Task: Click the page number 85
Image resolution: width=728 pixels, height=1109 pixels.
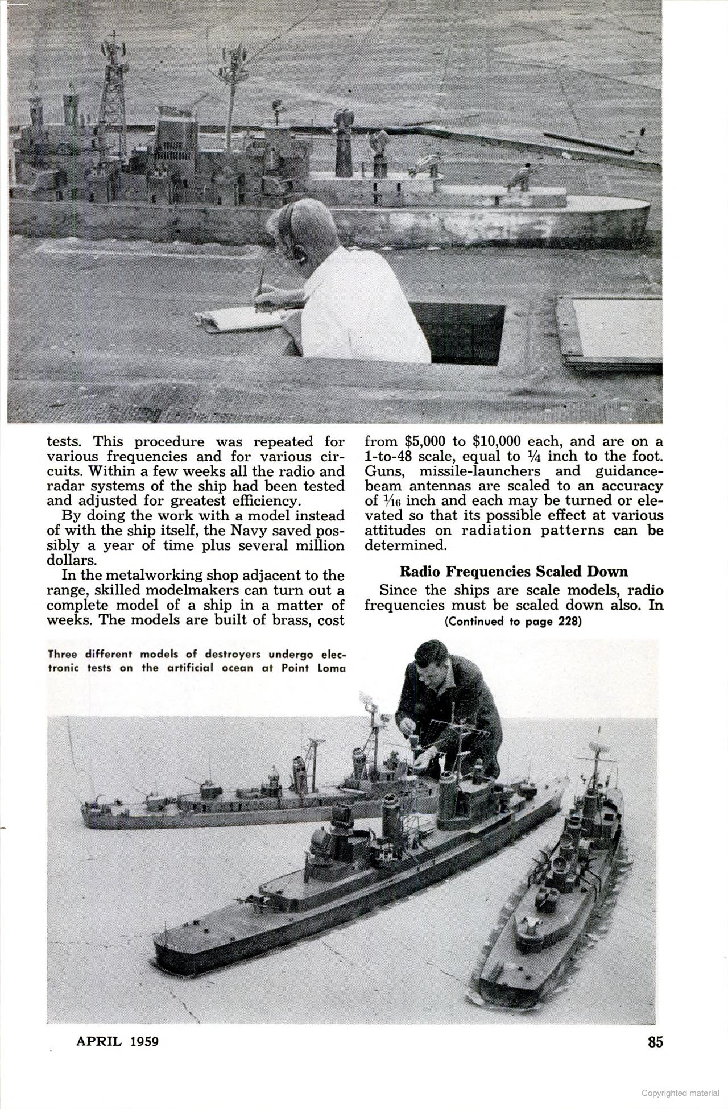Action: click(655, 1041)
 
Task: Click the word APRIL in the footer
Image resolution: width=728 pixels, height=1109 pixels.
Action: click(99, 1041)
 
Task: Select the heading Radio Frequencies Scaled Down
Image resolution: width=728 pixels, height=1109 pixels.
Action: click(514, 571)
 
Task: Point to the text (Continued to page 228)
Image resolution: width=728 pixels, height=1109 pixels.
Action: click(513, 621)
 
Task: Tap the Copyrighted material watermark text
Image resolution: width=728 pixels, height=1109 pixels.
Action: click(680, 1093)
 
